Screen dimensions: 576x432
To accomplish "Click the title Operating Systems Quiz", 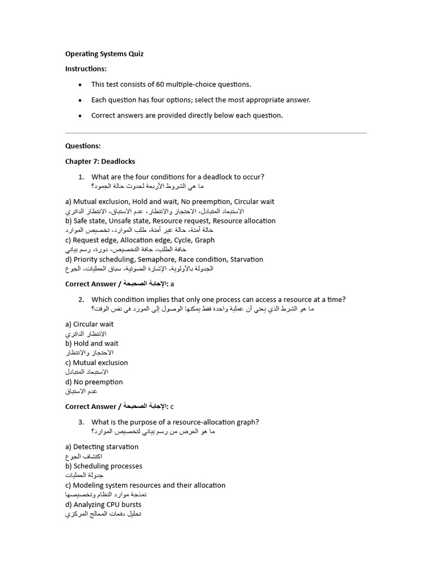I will pos(104,54).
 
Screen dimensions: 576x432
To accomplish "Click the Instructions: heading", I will pos(85,69).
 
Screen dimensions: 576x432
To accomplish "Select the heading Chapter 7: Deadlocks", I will pos(100,161).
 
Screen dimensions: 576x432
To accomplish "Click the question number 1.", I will pos(81,177).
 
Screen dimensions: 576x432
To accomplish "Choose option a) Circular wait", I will pos(89,324).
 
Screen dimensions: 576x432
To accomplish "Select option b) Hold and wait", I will pos(92,343).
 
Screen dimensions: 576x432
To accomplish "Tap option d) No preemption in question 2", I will pos(94,382).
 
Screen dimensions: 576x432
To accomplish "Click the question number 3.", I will pos(81,422).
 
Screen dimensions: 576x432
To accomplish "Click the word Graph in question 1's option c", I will pos(205,240).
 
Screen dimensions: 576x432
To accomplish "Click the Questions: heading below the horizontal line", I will pos(83,146).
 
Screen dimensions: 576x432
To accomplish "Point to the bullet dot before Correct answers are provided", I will pos(80,116).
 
